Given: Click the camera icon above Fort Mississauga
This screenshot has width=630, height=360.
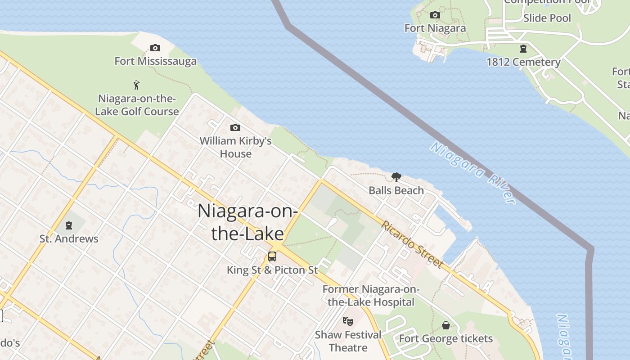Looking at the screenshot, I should (x=155, y=48).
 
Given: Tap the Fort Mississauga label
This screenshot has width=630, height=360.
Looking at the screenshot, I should (x=155, y=61).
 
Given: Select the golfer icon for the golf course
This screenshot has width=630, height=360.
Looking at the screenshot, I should (x=136, y=85).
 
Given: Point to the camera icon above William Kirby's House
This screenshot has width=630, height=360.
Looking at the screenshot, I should (x=235, y=128).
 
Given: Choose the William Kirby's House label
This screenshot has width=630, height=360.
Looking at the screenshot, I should (x=235, y=147).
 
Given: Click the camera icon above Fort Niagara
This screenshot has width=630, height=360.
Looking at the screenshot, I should (x=435, y=15).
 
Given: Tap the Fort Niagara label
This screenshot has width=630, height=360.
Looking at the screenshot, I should (x=435, y=28).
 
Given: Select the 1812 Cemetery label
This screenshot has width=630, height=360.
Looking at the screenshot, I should (x=523, y=62).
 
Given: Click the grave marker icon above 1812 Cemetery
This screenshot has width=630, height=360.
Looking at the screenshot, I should (x=523, y=49).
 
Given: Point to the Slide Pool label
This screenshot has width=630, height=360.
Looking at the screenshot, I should (x=547, y=18).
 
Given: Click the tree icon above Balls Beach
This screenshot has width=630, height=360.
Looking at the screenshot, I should (x=396, y=177).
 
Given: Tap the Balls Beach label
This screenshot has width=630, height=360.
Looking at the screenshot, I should (x=396, y=190).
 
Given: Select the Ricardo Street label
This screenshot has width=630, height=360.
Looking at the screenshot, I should (x=413, y=244).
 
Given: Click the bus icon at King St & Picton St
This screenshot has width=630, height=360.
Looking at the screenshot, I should (x=272, y=256).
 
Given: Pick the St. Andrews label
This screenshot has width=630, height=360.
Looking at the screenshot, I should (x=69, y=238).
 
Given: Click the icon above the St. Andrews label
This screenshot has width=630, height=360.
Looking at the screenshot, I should (x=69, y=225).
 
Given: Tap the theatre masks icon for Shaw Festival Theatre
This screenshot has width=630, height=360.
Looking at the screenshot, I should (x=347, y=321).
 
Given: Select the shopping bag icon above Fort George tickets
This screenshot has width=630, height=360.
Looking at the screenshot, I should (x=445, y=325).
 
